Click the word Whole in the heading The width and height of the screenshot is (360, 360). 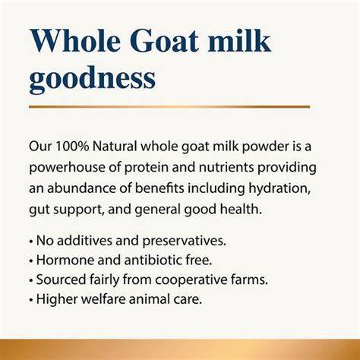coord(75,40)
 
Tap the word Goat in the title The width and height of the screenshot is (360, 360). coord(164,40)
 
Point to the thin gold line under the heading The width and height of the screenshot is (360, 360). coord(169,107)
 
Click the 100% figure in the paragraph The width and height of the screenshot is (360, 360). coord(72,147)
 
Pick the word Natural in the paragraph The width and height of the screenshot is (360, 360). coord(115,147)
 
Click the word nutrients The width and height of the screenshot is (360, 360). coord(226,168)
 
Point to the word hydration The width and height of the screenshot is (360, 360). coord(279,189)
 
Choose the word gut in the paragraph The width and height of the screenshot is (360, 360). coord(39,210)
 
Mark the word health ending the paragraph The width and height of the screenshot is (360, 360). coord(241,209)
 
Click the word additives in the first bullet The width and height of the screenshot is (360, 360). coord(84,240)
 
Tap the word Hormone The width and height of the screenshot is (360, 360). coord(65,260)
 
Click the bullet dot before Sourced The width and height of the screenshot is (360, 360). coord(31,281)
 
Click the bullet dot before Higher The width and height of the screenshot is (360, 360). coord(31,300)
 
